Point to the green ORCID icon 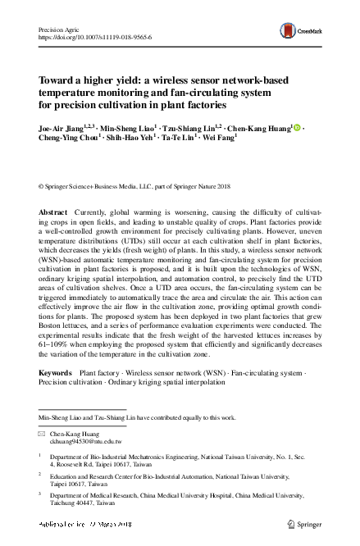[x=298, y=129]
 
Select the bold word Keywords [x=56, y=373]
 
